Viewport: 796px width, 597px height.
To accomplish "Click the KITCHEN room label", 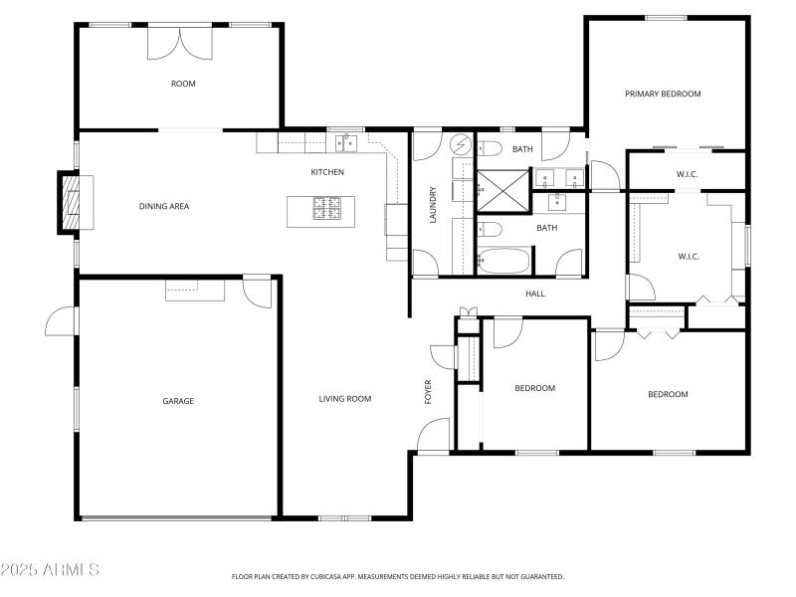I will [x=327, y=172].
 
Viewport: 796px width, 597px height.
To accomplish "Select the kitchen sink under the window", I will [x=345, y=144].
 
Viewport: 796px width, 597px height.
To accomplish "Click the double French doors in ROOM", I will [x=180, y=42].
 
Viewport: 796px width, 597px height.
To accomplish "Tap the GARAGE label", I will [x=178, y=401].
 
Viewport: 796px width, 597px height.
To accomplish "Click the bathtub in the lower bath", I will [x=504, y=263].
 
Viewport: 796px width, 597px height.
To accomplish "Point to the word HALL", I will [x=535, y=294].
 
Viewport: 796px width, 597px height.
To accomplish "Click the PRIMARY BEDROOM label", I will [x=663, y=94].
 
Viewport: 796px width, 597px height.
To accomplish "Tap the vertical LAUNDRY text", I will [x=433, y=205].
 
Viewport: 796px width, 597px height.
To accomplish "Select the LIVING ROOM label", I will [x=344, y=399].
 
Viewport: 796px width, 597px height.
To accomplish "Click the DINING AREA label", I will [x=163, y=207].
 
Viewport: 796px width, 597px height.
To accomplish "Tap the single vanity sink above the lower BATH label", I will [x=557, y=203].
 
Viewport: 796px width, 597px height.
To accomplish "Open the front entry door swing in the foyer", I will [x=434, y=435].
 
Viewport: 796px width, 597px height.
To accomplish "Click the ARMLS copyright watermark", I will [x=50, y=570].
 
